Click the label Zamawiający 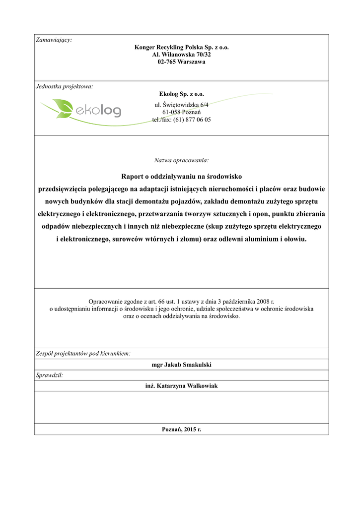[54, 40]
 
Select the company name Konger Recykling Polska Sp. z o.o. [181, 48]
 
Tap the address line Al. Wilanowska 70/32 [181, 55]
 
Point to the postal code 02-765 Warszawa [181, 62]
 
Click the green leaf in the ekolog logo [63, 108]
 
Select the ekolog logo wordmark [98, 109]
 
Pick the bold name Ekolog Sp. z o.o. [181, 94]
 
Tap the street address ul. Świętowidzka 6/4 [181, 105]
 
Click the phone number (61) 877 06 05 [192, 120]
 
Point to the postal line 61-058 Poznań [181, 112]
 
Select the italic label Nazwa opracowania [181, 160]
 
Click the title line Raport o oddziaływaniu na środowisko [181, 177]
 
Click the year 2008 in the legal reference [260, 301]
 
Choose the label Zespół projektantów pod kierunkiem [83, 354]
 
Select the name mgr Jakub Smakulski [181, 365]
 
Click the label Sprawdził [50, 376]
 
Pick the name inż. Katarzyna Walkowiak [181, 385]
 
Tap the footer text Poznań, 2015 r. [181, 429]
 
